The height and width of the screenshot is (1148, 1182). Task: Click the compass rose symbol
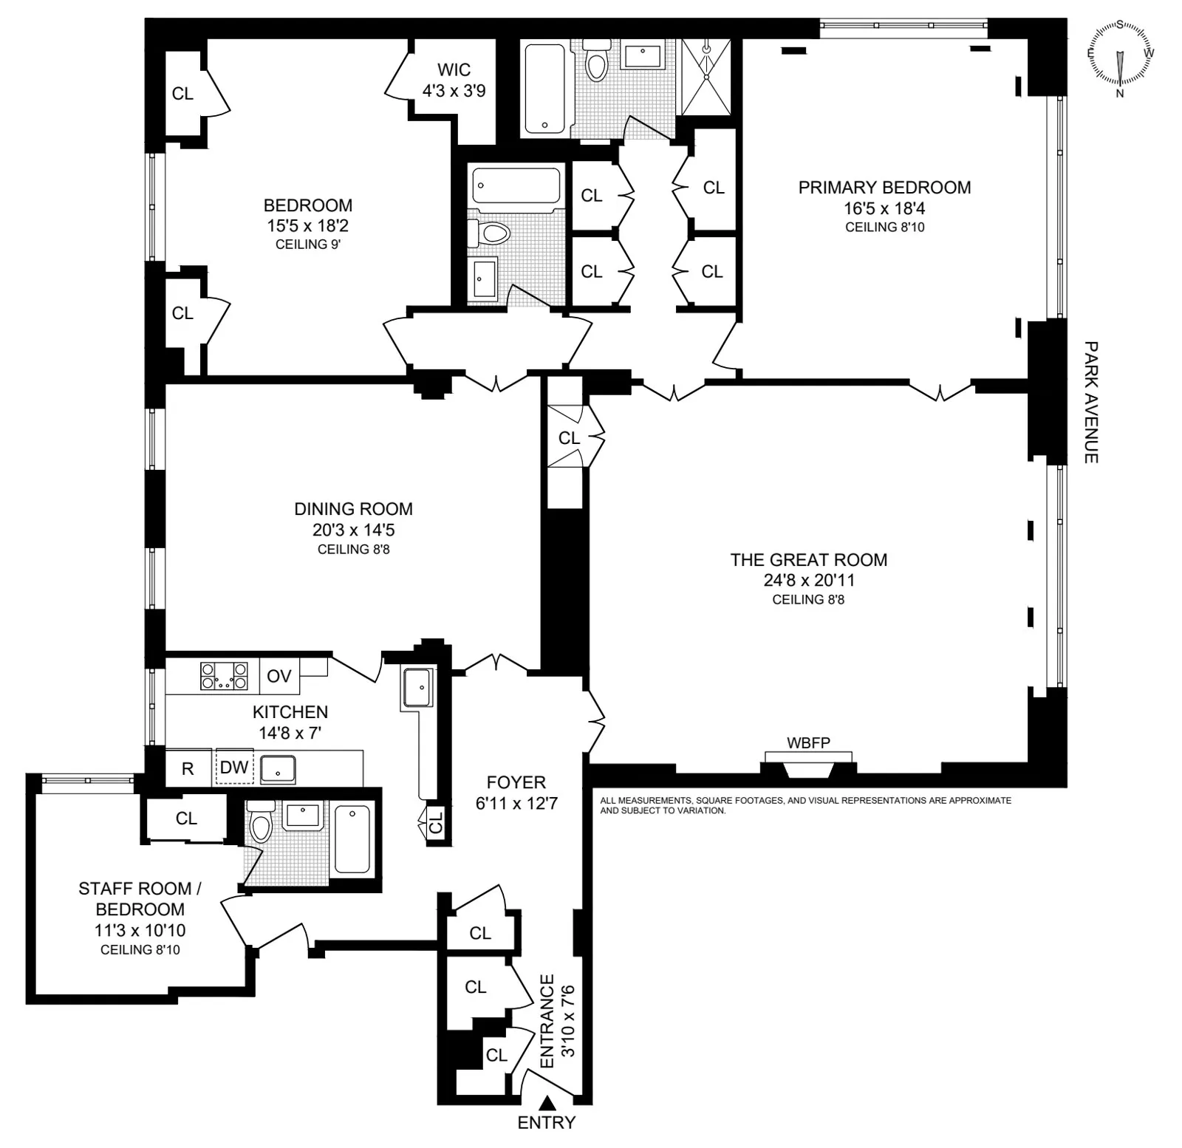1120,58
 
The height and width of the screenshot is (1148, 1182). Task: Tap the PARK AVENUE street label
1091,402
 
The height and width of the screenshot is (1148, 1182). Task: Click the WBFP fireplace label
808,742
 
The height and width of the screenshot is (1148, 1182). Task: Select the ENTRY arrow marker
547,1104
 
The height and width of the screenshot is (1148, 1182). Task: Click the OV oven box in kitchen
279,676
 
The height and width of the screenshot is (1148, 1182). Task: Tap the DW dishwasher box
234,767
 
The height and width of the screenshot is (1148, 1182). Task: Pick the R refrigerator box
188,768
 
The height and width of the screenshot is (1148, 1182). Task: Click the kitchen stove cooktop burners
225,676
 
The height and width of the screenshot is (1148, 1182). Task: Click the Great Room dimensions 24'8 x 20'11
809,580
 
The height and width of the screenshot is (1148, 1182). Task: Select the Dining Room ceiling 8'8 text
353,549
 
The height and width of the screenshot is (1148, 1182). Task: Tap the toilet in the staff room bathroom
261,824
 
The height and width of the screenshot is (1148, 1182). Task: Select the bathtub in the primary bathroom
545,89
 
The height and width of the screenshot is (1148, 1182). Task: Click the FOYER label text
516,782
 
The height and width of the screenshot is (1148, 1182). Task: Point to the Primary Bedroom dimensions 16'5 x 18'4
884,208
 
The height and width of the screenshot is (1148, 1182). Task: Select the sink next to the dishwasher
278,768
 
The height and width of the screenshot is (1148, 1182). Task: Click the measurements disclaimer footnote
805,805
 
